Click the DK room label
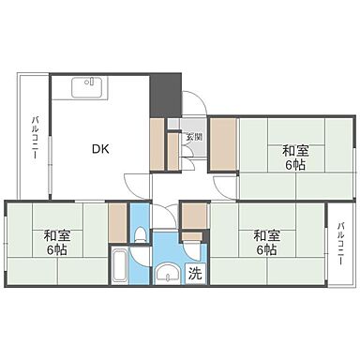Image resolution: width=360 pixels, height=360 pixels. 99,147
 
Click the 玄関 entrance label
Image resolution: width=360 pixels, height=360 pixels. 192,138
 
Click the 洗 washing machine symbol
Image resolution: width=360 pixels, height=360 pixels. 194,275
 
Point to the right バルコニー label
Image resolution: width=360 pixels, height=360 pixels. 340,242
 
